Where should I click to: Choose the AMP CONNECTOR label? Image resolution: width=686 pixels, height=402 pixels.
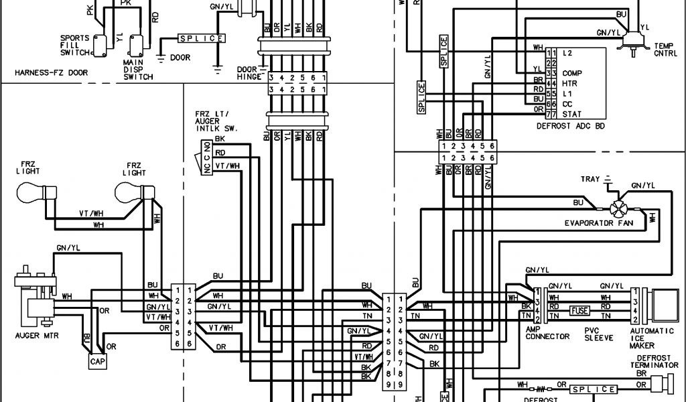(x=548, y=333)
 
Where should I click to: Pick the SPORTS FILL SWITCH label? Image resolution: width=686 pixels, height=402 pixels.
(x=74, y=45)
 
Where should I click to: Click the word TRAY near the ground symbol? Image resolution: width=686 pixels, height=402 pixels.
(x=590, y=180)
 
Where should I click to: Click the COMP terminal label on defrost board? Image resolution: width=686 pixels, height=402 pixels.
(x=571, y=72)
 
